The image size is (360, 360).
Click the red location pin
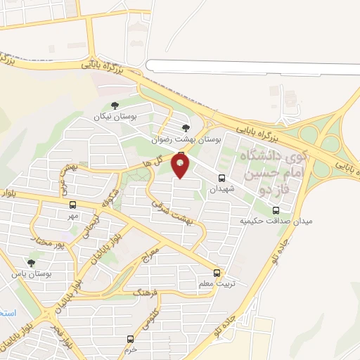181,166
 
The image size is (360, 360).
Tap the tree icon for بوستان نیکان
115,105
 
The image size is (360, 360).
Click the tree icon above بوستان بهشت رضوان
186,128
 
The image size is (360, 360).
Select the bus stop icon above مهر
72,205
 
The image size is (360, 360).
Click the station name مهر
72,215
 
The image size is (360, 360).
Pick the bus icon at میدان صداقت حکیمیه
276,210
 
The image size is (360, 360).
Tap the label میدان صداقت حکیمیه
276,221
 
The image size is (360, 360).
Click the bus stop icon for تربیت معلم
216,273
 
